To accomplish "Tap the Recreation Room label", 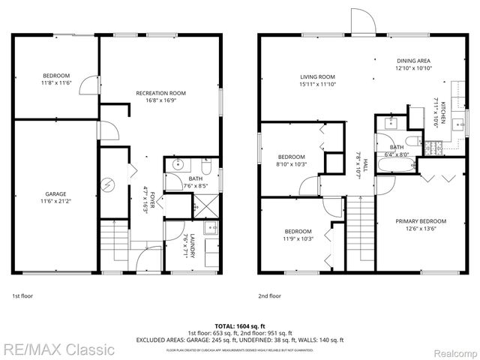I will coord(160,93).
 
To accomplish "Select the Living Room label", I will coord(317,76).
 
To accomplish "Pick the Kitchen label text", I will coord(444,112).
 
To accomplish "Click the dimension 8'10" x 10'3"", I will coord(292,163).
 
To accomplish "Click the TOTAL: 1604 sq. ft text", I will coord(240,325).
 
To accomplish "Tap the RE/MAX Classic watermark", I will coord(58,349).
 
